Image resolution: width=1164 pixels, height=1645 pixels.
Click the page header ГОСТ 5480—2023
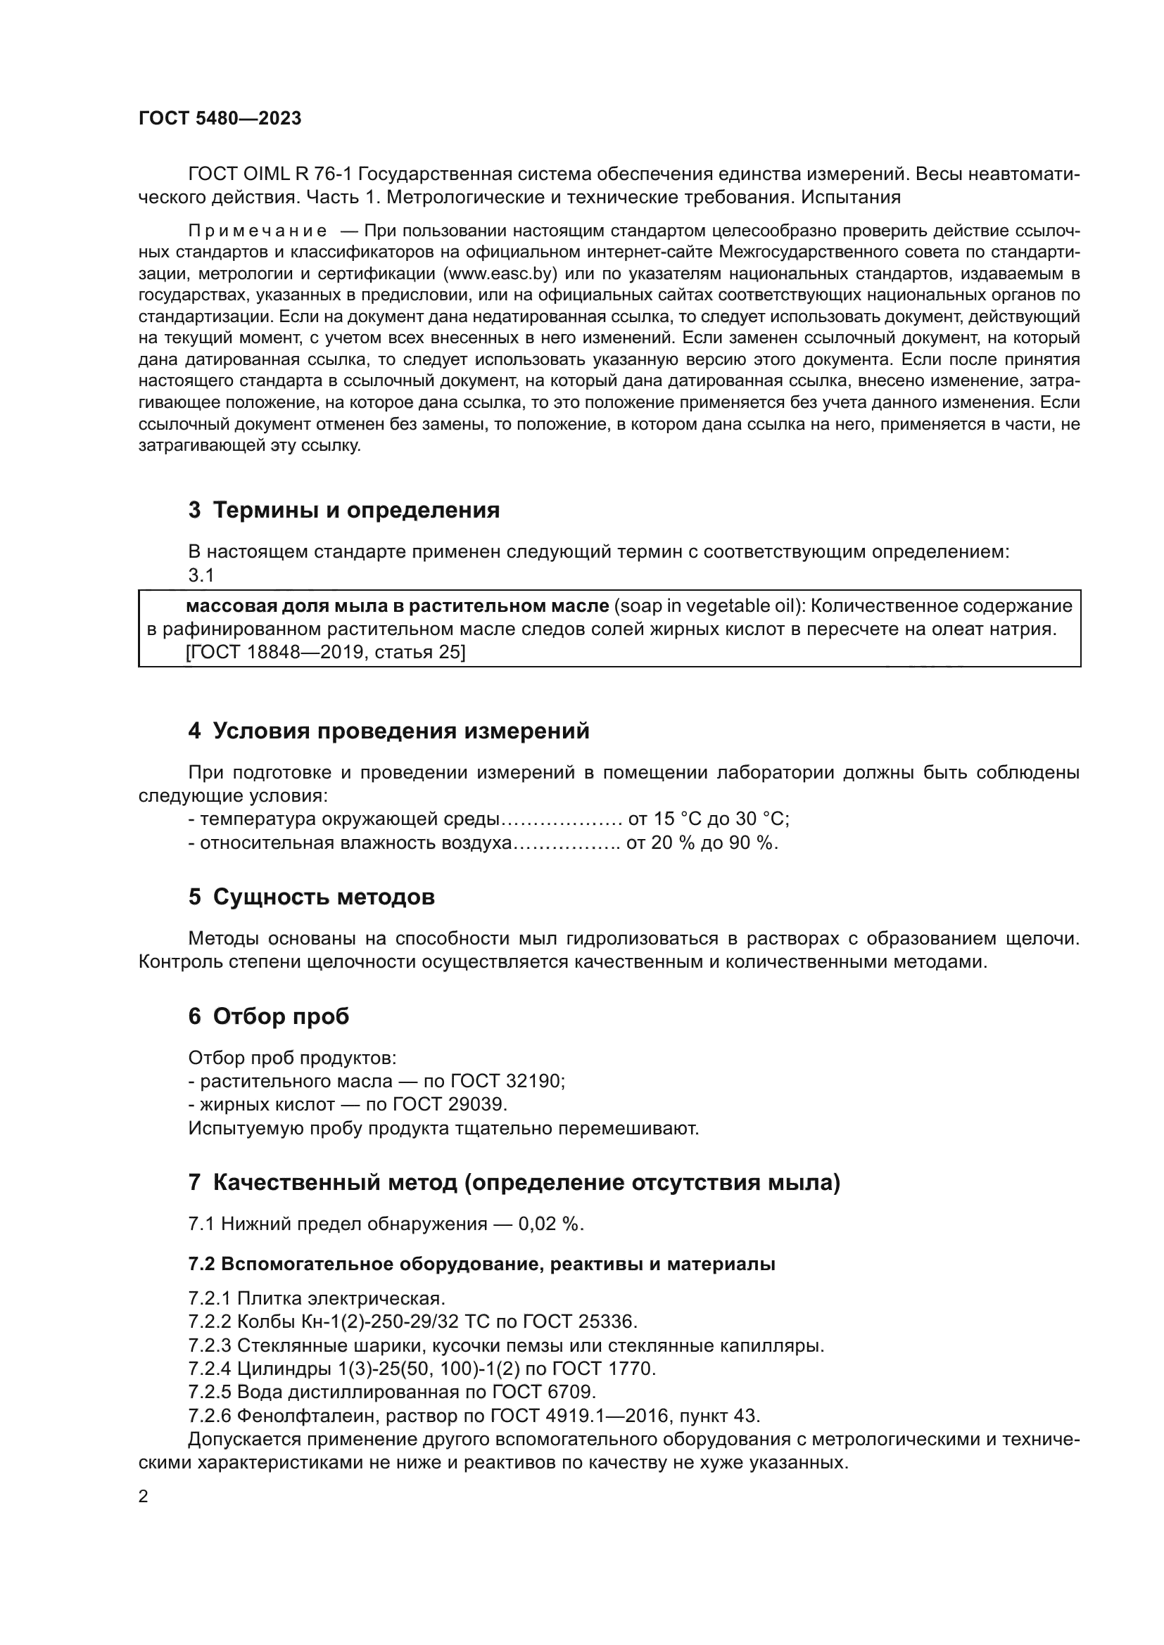coord(220,118)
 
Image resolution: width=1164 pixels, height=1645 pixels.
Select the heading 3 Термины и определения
coord(344,510)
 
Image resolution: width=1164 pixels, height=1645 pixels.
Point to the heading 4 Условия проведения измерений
coord(388,731)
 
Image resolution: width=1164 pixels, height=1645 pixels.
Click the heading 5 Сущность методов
coord(311,897)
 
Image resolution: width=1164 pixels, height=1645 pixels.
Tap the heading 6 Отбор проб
coord(269,1017)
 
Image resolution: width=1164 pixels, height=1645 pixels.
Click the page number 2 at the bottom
coord(144,1497)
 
